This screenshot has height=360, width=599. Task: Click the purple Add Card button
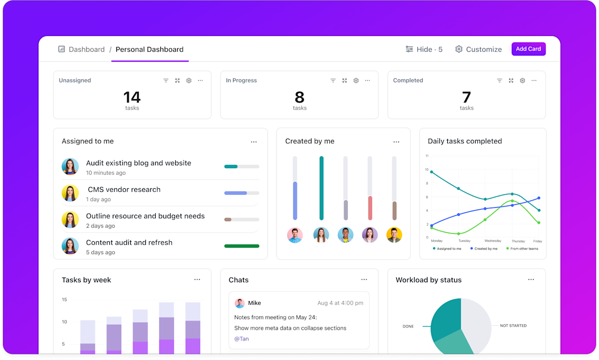coord(528,49)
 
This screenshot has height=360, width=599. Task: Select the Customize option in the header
coord(478,49)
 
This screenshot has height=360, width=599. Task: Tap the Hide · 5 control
coord(424,49)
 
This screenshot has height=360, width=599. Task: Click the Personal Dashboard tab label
coord(149,49)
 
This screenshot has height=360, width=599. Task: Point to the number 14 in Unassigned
coord(132,97)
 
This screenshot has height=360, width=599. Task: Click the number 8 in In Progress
coord(299,97)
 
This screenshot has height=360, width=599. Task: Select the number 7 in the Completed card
coord(467,97)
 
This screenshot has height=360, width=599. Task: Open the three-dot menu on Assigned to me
coord(254,142)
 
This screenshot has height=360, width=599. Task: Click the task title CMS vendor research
coord(124,190)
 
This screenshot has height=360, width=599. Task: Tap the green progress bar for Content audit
coord(242,246)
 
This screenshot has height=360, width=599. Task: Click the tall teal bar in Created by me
coord(321,188)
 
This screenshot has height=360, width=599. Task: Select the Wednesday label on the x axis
coord(492,241)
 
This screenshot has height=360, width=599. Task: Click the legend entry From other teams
coord(522,249)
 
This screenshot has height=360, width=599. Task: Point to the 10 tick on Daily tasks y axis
coord(426,170)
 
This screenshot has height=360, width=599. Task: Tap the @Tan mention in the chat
coord(241,339)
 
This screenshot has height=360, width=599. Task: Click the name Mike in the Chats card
coord(255,303)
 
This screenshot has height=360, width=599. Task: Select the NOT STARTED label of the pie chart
coord(513,326)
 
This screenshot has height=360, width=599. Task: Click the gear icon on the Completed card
coord(522,80)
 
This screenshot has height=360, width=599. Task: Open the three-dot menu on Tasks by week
coord(197,280)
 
